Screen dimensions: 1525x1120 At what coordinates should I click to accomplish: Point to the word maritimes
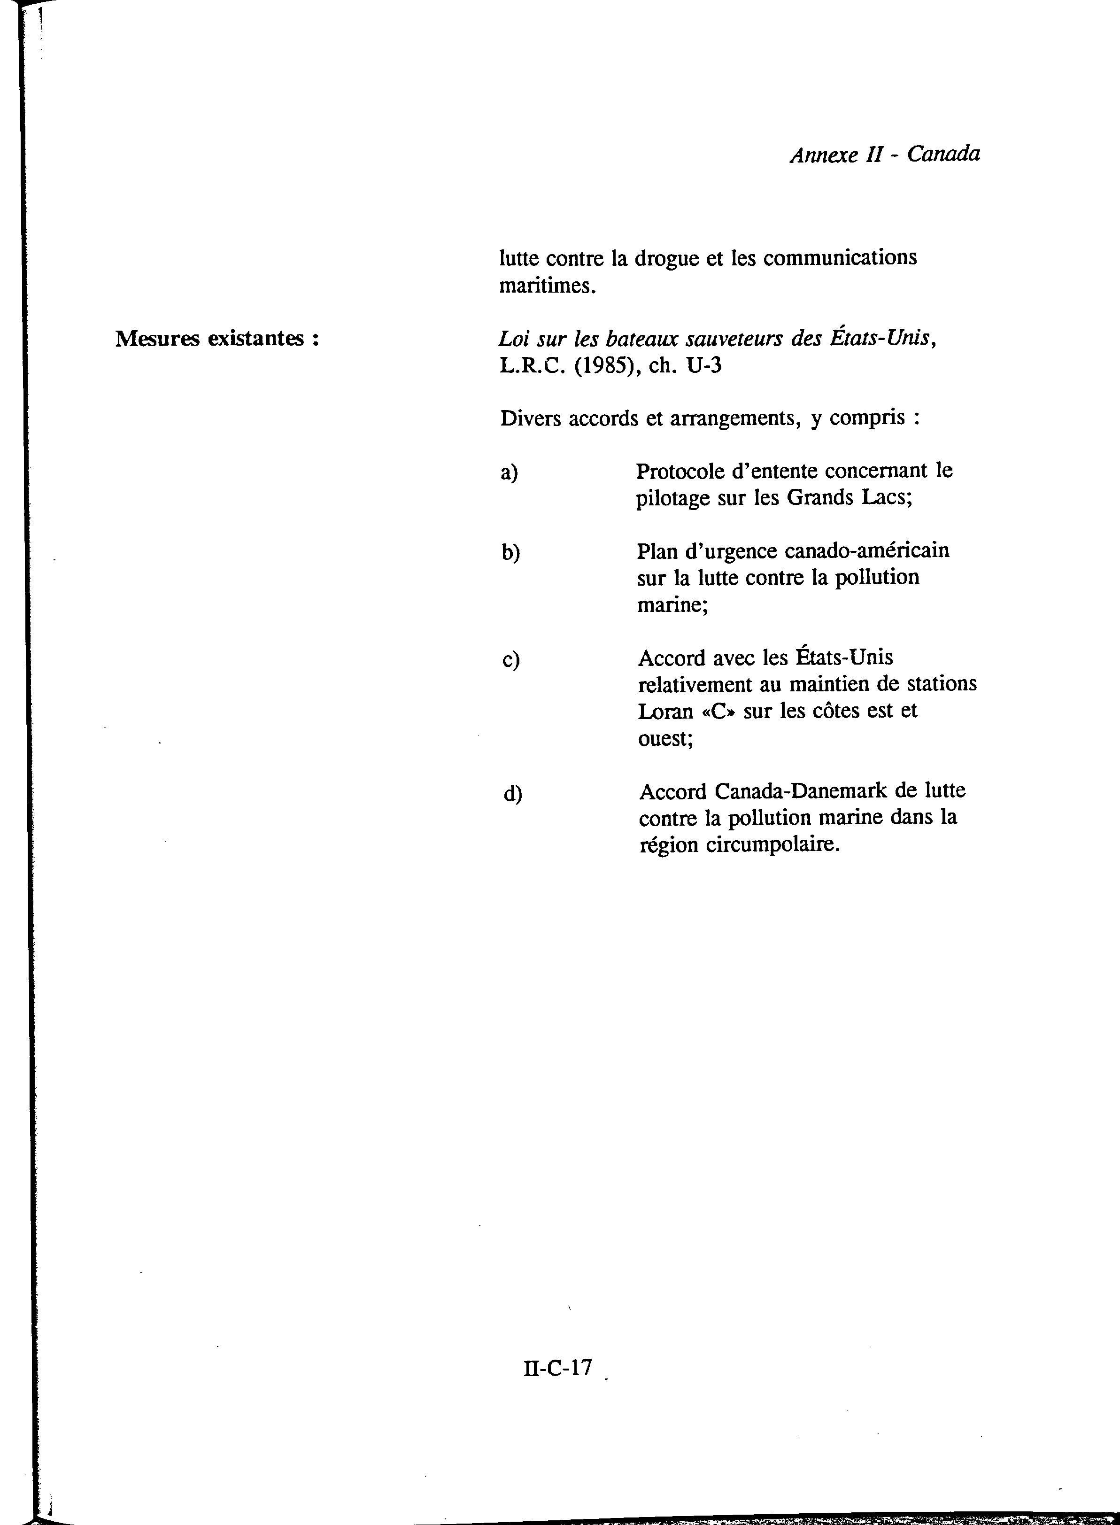pyautogui.click(x=547, y=286)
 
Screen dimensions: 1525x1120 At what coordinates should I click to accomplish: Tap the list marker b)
pyautogui.click(x=510, y=553)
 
